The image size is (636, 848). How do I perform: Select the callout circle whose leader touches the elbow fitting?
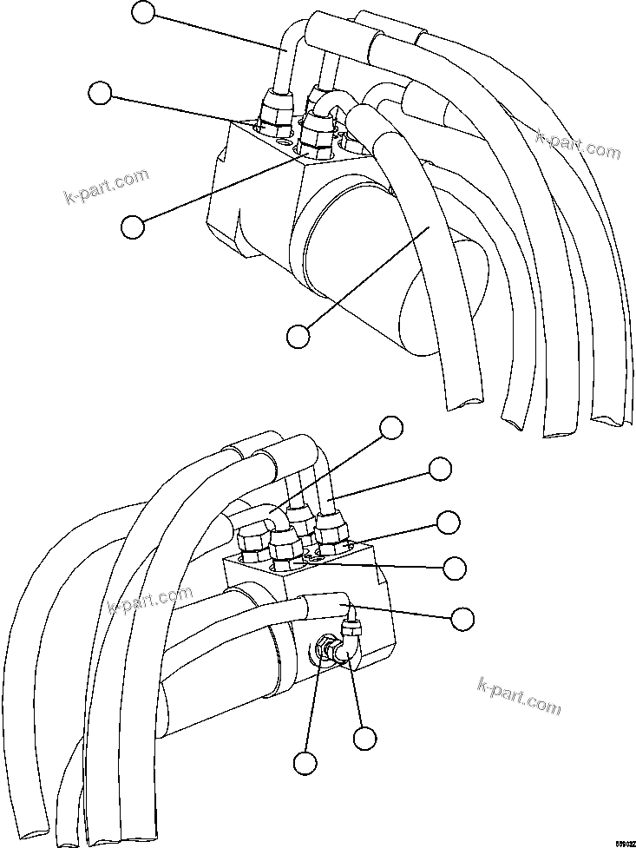click(x=364, y=738)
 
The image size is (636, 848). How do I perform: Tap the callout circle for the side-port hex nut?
click(x=304, y=762)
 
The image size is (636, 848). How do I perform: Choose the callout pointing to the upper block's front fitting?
click(x=132, y=226)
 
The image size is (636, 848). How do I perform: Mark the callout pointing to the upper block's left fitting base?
click(x=102, y=93)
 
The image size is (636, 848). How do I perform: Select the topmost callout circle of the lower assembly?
click(x=392, y=426)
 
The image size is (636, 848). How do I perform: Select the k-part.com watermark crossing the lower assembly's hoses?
click(x=149, y=599)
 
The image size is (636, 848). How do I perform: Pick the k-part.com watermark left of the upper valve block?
click(x=107, y=187)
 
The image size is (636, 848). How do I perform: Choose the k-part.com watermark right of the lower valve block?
click(x=519, y=698)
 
